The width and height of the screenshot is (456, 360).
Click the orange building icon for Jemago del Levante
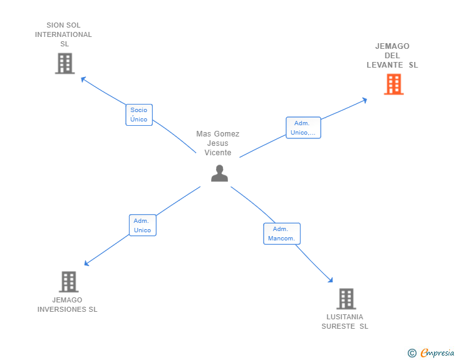pos(393,84)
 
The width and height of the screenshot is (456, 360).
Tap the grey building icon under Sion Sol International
pos(65,63)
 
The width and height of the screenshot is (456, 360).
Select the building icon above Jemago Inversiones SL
pos(68,282)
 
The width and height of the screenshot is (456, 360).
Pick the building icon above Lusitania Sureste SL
pos(346,299)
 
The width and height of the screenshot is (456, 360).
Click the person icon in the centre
pos(219,173)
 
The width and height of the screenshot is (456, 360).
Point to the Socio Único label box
pos(138,115)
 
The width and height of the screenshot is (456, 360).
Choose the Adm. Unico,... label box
pos(303,128)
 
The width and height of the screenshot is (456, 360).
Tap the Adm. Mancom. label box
pos(281,234)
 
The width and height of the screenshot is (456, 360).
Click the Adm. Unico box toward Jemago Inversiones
pos(142,225)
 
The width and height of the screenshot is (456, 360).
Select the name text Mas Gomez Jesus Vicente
pos(218,143)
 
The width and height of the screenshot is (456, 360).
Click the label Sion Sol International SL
pos(63,34)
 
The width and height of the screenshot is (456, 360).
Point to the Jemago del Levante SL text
pos(392,56)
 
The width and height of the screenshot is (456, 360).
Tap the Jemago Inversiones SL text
pos(68,304)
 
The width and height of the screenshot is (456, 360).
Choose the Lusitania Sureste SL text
pos(345,321)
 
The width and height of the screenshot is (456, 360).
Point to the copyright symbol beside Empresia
pos(412,353)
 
